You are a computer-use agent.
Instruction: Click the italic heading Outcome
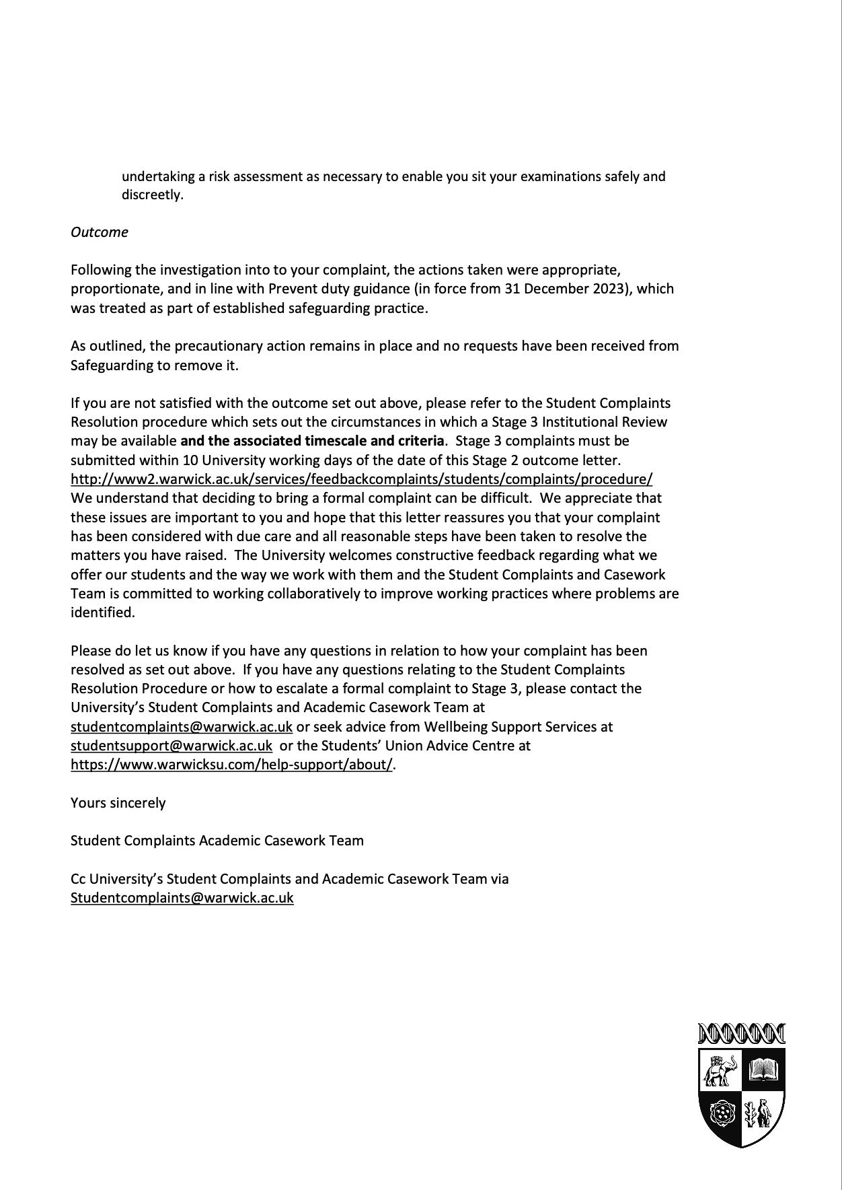[100, 232]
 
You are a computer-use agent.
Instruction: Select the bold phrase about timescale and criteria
[312, 441]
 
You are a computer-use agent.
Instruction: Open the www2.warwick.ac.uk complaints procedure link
[361, 479]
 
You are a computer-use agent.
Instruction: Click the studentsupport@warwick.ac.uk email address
[171, 746]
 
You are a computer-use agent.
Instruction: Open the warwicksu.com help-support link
[231, 765]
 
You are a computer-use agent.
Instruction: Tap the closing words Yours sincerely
[118, 803]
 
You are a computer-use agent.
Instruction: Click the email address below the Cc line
[182, 898]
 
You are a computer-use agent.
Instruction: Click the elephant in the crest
[720, 1070]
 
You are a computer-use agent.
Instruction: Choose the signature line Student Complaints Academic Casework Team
[217, 841]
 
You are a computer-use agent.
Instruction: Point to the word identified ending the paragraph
[102, 612]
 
